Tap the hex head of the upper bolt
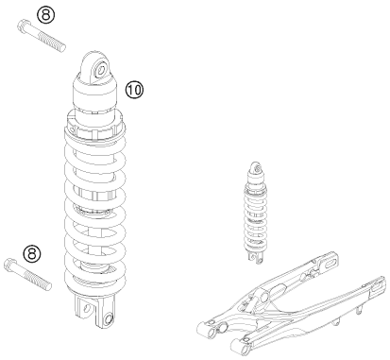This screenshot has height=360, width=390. pyautogui.click(x=22, y=35)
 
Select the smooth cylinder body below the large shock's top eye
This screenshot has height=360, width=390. pyautogui.click(x=97, y=94)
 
